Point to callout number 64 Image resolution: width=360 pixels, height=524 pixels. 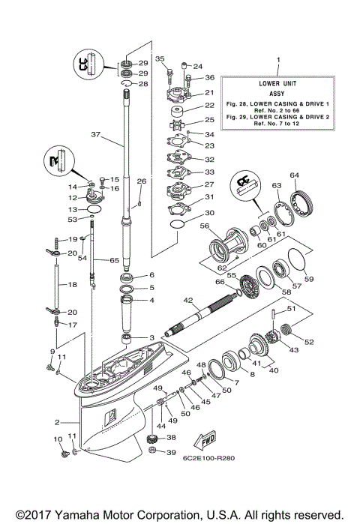(x=294, y=175)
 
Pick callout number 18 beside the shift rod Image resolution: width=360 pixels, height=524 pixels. (x=73, y=285)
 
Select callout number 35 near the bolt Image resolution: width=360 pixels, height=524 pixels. (x=159, y=58)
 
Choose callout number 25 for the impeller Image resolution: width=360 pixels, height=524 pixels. (x=209, y=120)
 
